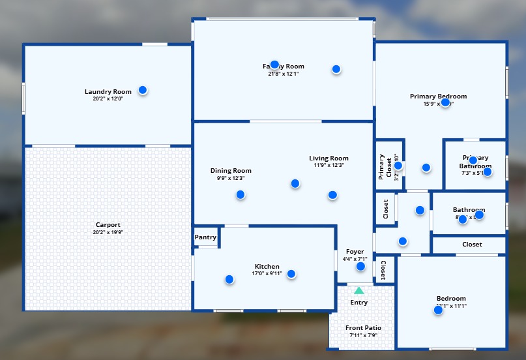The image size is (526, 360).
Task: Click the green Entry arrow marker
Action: click(358, 290)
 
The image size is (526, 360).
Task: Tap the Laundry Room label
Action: click(108, 92)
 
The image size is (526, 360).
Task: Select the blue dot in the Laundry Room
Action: click(142, 90)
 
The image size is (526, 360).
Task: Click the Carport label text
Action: click(108, 225)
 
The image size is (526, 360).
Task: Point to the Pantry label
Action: click(205, 237)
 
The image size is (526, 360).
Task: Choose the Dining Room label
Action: click(230, 171)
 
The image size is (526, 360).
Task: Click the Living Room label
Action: click(329, 158)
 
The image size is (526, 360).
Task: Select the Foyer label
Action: click(355, 252)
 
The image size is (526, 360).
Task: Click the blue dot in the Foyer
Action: click(360, 266)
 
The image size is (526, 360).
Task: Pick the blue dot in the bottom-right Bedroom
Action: click(438, 310)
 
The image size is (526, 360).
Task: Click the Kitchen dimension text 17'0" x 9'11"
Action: click(267, 273)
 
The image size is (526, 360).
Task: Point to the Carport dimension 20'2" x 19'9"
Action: click(108, 232)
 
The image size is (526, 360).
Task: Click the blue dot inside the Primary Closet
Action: click(398, 166)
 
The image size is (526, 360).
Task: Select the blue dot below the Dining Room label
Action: click(241, 194)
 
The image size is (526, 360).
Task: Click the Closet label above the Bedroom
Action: click(472, 245)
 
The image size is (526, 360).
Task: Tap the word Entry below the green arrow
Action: click(358, 303)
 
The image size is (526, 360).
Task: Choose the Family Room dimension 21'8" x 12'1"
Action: click(283, 74)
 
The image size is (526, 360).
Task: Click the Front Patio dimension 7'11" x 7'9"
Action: click(363, 335)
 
